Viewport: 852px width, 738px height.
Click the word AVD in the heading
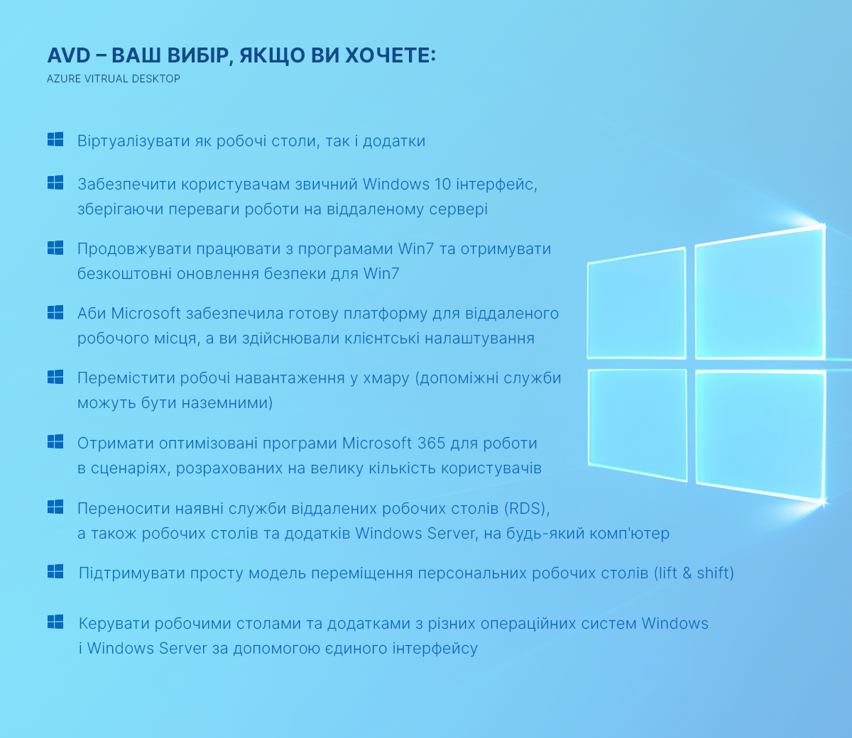point(68,55)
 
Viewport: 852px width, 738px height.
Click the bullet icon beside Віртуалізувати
point(55,139)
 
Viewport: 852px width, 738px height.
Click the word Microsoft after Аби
point(146,313)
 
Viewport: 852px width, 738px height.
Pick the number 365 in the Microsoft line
point(431,443)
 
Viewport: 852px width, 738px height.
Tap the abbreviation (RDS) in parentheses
point(528,509)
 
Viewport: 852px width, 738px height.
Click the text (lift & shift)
point(694,573)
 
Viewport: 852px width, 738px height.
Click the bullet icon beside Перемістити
point(55,377)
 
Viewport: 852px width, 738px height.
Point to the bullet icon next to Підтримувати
point(55,571)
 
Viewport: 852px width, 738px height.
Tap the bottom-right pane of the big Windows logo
point(761,435)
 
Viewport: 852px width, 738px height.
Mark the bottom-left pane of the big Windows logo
point(638,424)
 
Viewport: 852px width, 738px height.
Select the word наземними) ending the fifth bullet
point(227,402)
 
